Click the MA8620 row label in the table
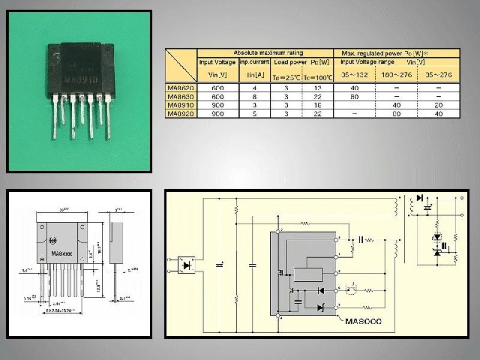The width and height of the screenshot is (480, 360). [180, 88]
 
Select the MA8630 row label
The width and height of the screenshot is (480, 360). [180, 97]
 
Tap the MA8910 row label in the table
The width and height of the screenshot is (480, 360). [180, 106]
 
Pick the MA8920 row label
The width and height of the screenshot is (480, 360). [180, 115]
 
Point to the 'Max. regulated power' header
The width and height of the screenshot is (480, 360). [396, 52]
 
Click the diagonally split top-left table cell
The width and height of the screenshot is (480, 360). [180, 66]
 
